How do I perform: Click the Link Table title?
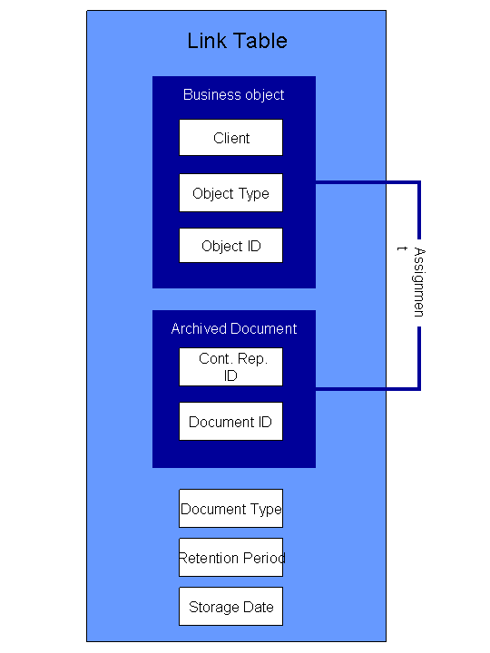click(x=237, y=41)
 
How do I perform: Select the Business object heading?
click(x=234, y=95)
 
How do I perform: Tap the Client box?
click(x=230, y=138)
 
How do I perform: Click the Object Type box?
click(x=230, y=193)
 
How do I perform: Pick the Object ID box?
click(x=230, y=245)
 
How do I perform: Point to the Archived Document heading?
click(x=234, y=328)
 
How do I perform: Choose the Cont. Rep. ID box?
click(x=230, y=367)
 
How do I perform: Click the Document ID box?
click(x=230, y=421)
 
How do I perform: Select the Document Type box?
click(x=230, y=508)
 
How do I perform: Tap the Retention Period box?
click(x=230, y=557)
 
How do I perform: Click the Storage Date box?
click(x=230, y=607)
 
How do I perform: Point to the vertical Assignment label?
click(x=418, y=282)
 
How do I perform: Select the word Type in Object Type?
click(x=254, y=194)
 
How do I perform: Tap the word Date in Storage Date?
click(x=259, y=607)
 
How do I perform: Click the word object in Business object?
click(x=265, y=95)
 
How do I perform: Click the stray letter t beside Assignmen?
click(x=402, y=249)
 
